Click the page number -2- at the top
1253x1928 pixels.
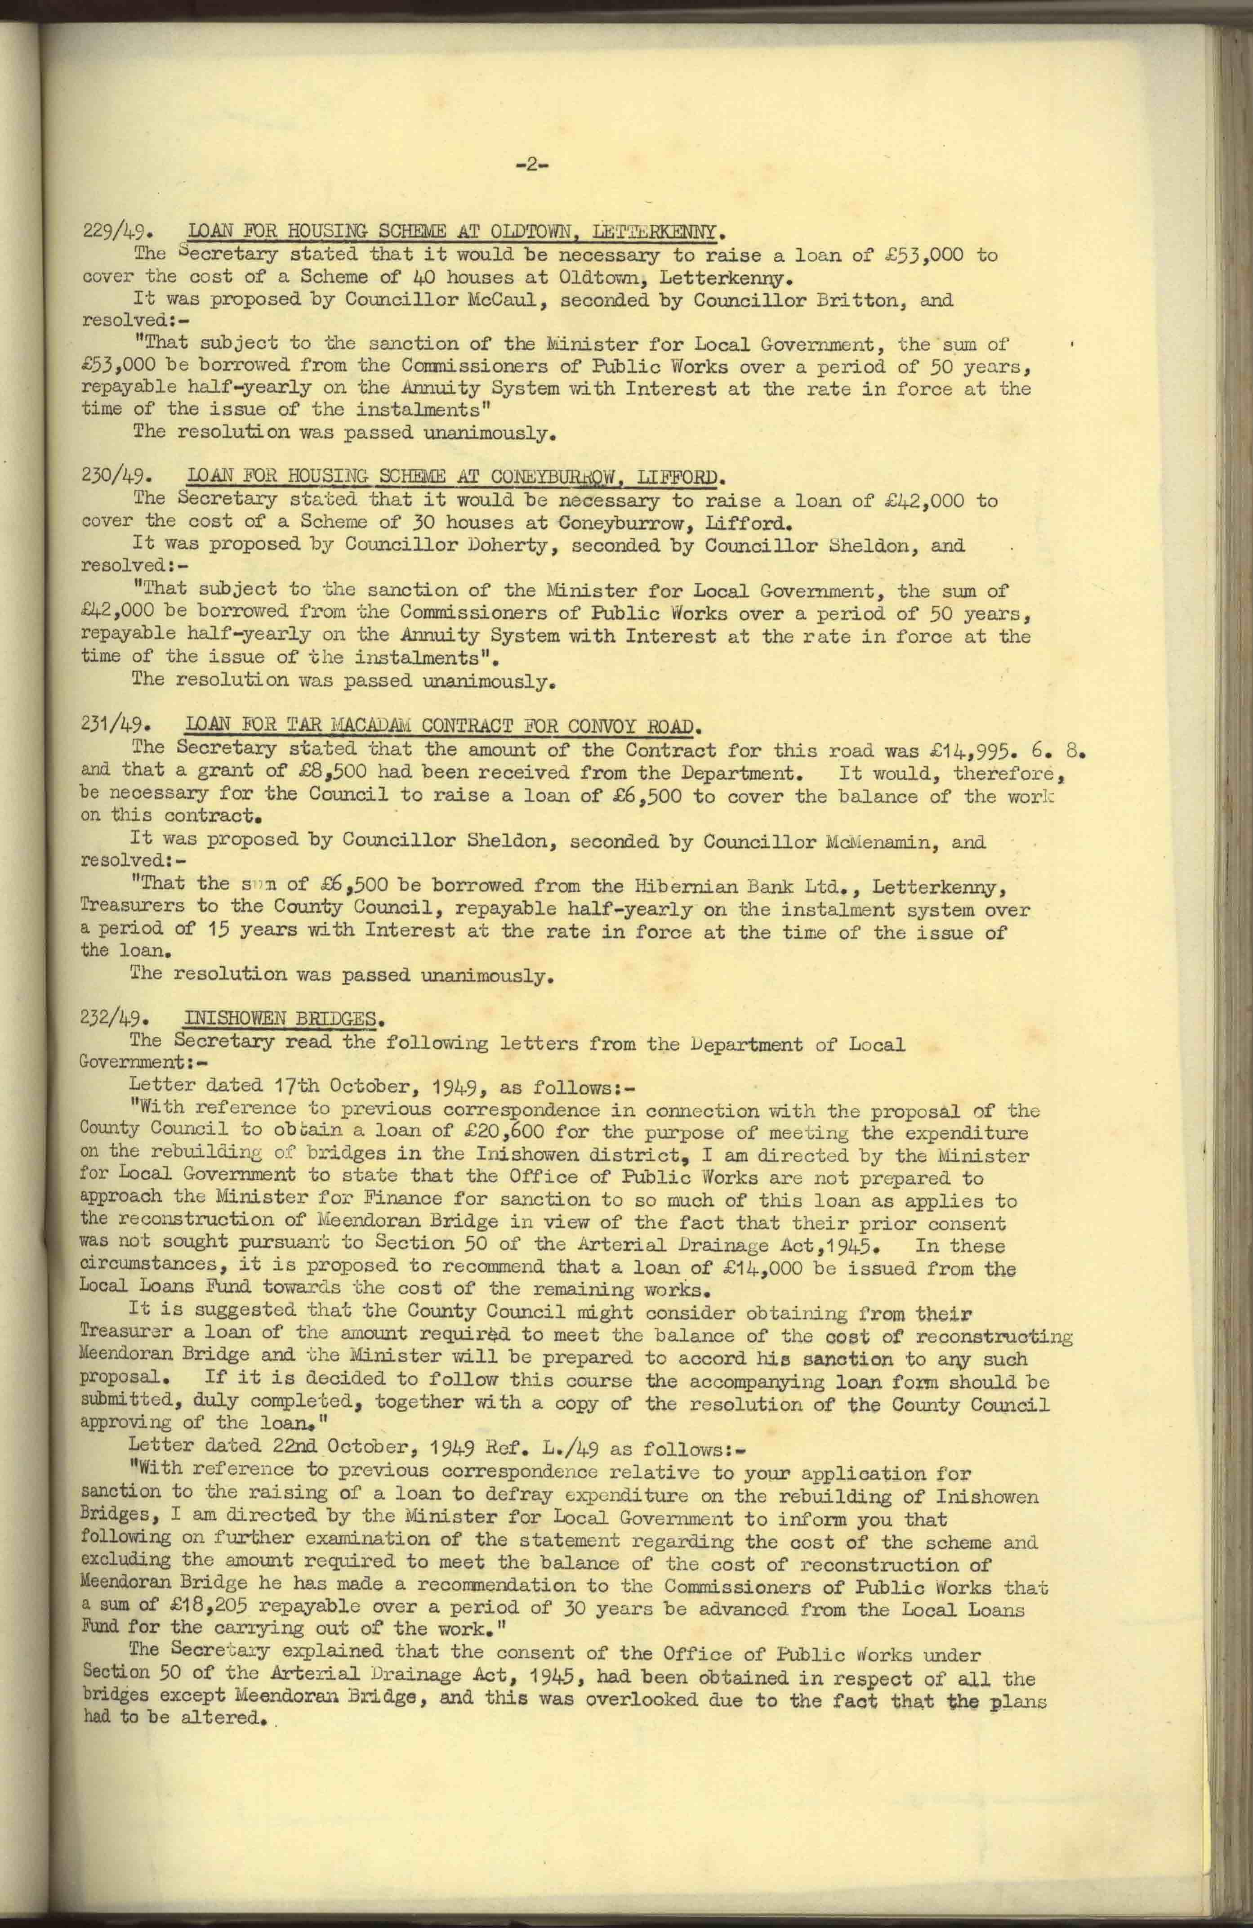[532, 165]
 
